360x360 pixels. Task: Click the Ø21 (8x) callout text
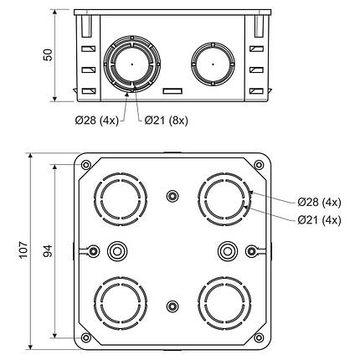(166, 121)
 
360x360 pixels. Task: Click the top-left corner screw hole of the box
(87, 165)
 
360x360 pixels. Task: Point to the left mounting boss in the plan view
(117, 250)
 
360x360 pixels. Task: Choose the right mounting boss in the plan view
(226, 250)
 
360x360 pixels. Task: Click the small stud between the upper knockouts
(172, 197)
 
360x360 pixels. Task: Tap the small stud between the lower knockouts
(172, 305)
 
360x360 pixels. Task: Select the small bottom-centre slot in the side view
(172, 89)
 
